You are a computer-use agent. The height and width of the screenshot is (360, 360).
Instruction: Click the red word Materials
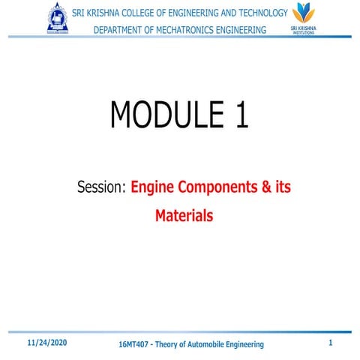coord(184,216)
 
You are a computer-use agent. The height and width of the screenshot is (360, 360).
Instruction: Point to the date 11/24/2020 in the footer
coord(47,342)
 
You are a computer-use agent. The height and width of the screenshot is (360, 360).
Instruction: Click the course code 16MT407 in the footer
coord(136,344)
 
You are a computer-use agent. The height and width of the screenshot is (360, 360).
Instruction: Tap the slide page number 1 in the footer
coord(331,343)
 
